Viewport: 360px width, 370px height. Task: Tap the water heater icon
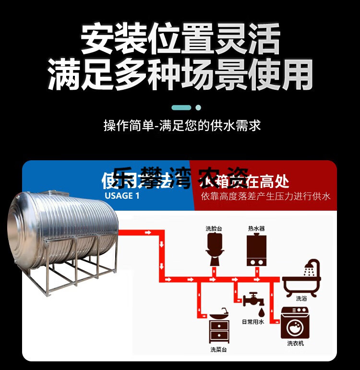(256, 250)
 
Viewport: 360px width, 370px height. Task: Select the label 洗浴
(301, 298)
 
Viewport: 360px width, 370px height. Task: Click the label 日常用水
(253, 322)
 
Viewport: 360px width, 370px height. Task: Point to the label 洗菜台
(218, 349)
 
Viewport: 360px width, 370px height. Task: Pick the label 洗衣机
(296, 343)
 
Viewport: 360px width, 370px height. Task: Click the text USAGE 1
(122, 196)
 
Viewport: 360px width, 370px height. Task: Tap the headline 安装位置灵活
(180, 40)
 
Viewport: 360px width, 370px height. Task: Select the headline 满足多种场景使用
(180, 74)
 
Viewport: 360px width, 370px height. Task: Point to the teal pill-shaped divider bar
(181, 107)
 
